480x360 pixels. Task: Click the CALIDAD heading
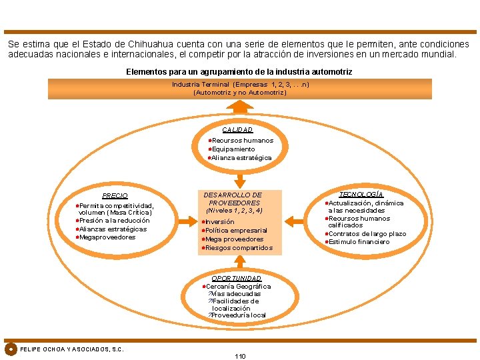(x=237, y=129)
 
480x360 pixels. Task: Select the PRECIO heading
(x=115, y=195)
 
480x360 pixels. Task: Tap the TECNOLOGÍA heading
(x=361, y=193)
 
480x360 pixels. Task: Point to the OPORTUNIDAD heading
(x=236, y=277)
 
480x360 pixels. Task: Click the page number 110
(x=240, y=356)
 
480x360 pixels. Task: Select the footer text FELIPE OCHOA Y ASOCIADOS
(x=72, y=349)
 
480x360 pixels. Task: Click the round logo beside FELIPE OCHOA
(x=11, y=349)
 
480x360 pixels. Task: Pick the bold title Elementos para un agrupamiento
(x=239, y=71)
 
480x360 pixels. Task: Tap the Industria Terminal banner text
(x=240, y=85)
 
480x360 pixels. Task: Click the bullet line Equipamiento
(x=233, y=149)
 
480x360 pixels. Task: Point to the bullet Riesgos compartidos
(x=239, y=248)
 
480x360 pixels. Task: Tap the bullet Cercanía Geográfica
(x=238, y=286)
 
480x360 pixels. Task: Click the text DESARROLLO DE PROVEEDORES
(x=233, y=199)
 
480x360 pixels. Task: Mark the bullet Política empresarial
(x=236, y=231)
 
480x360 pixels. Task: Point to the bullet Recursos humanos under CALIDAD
(x=242, y=141)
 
